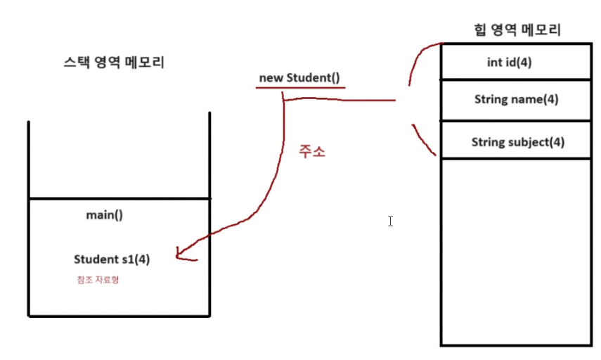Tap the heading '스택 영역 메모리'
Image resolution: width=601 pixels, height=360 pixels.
click(114, 63)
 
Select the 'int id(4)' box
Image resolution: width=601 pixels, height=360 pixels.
click(515, 62)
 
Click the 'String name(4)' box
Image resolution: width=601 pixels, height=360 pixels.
click(515, 99)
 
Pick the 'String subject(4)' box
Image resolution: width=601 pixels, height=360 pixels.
click(515, 141)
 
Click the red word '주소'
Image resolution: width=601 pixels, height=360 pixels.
click(312, 151)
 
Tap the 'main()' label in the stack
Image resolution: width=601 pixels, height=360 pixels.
click(104, 215)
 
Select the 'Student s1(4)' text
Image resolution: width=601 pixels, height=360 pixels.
click(111, 259)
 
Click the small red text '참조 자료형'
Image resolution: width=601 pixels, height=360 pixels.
click(97, 280)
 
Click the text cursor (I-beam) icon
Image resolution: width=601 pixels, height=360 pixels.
click(390, 221)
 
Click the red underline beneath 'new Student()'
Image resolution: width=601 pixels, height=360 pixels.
click(300, 88)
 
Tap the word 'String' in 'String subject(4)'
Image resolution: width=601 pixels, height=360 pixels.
click(488, 142)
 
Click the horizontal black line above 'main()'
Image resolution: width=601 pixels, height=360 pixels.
click(119, 199)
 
